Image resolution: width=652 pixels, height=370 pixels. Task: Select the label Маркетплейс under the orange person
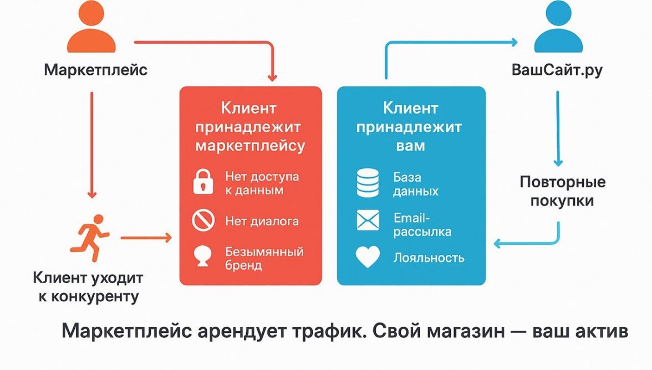click(96, 70)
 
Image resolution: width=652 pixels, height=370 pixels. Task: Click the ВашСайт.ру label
click(557, 71)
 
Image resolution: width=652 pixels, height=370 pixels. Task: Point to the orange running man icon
click(89, 238)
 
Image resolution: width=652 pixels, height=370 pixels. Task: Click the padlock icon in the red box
click(203, 183)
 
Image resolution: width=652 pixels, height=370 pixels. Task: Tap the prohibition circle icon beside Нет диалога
click(203, 221)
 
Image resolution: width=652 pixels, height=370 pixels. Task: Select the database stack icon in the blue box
click(368, 183)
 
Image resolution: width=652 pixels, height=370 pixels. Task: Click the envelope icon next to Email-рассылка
click(368, 222)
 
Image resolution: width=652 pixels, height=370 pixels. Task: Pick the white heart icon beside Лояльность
click(368, 257)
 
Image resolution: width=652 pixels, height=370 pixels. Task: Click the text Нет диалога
click(262, 221)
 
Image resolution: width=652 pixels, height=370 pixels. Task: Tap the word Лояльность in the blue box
click(429, 257)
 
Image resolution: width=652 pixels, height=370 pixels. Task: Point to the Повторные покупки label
click(562, 191)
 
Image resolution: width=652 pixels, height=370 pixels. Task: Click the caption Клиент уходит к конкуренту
click(88, 286)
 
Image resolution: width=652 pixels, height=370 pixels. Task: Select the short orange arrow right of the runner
click(146, 238)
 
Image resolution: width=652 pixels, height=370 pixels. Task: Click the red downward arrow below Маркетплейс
click(92, 144)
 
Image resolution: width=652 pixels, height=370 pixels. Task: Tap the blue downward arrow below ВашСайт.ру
click(558, 127)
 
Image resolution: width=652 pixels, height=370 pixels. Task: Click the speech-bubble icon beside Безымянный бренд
click(203, 257)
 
